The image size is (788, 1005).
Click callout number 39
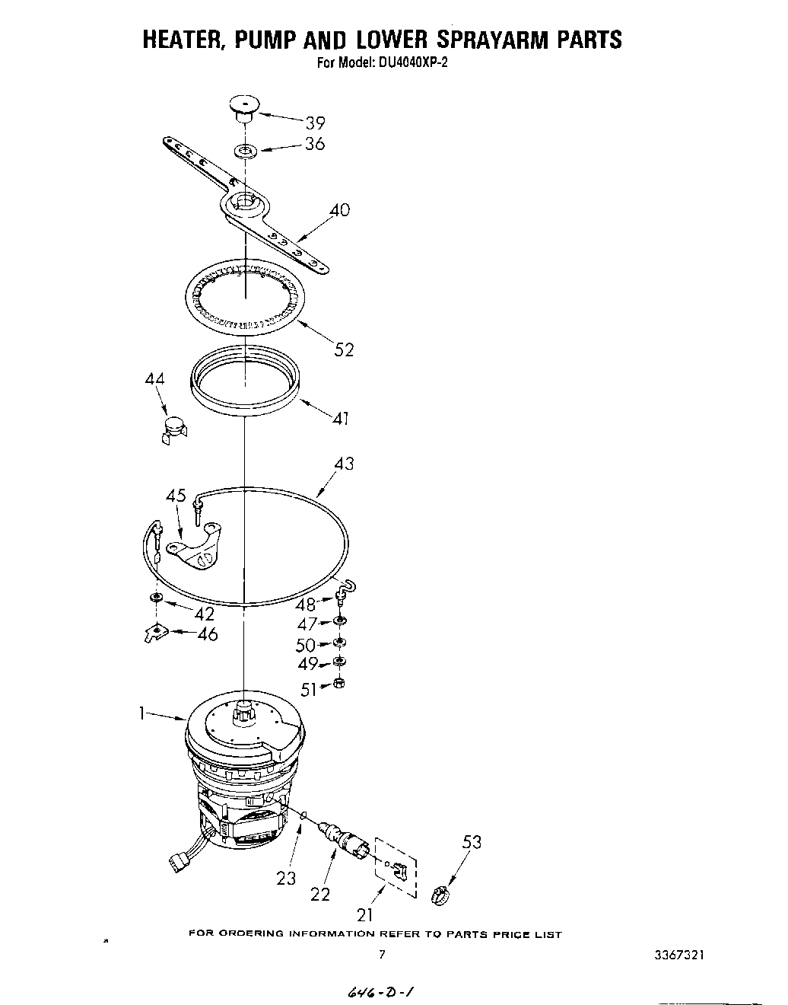click(315, 123)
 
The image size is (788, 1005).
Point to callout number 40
click(339, 209)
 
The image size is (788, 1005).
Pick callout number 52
click(344, 349)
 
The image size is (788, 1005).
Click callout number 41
click(340, 417)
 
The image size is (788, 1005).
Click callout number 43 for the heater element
click(344, 463)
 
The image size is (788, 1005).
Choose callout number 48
click(306, 605)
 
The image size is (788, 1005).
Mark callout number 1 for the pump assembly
click(141, 713)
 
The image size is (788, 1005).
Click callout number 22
click(320, 894)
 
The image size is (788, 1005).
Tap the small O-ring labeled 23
click(304, 816)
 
